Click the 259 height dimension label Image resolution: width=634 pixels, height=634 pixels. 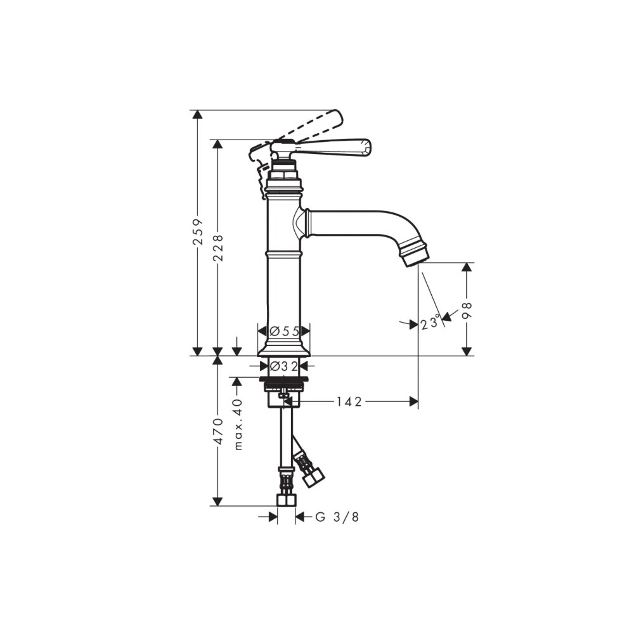click(x=198, y=233)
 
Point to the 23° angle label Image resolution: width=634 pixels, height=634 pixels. click(x=430, y=323)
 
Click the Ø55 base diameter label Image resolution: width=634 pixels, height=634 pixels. click(x=284, y=331)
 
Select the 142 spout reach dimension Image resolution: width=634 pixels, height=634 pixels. click(x=349, y=401)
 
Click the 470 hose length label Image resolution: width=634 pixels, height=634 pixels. click(x=217, y=431)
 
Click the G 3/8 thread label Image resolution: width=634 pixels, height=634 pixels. click(x=337, y=517)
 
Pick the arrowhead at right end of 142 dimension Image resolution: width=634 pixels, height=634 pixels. click(x=414, y=401)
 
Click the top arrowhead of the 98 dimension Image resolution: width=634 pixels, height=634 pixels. click(x=467, y=268)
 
